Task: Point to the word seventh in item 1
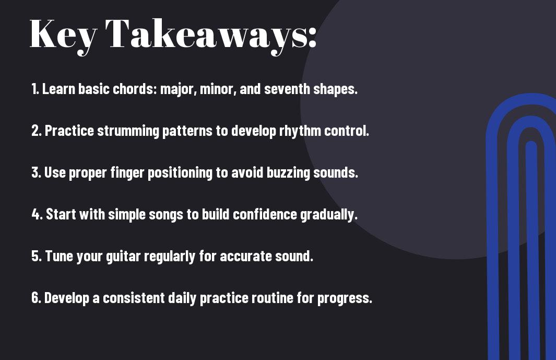click(x=287, y=89)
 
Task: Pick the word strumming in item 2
click(x=128, y=131)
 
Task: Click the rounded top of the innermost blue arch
click(x=531, y=144)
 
